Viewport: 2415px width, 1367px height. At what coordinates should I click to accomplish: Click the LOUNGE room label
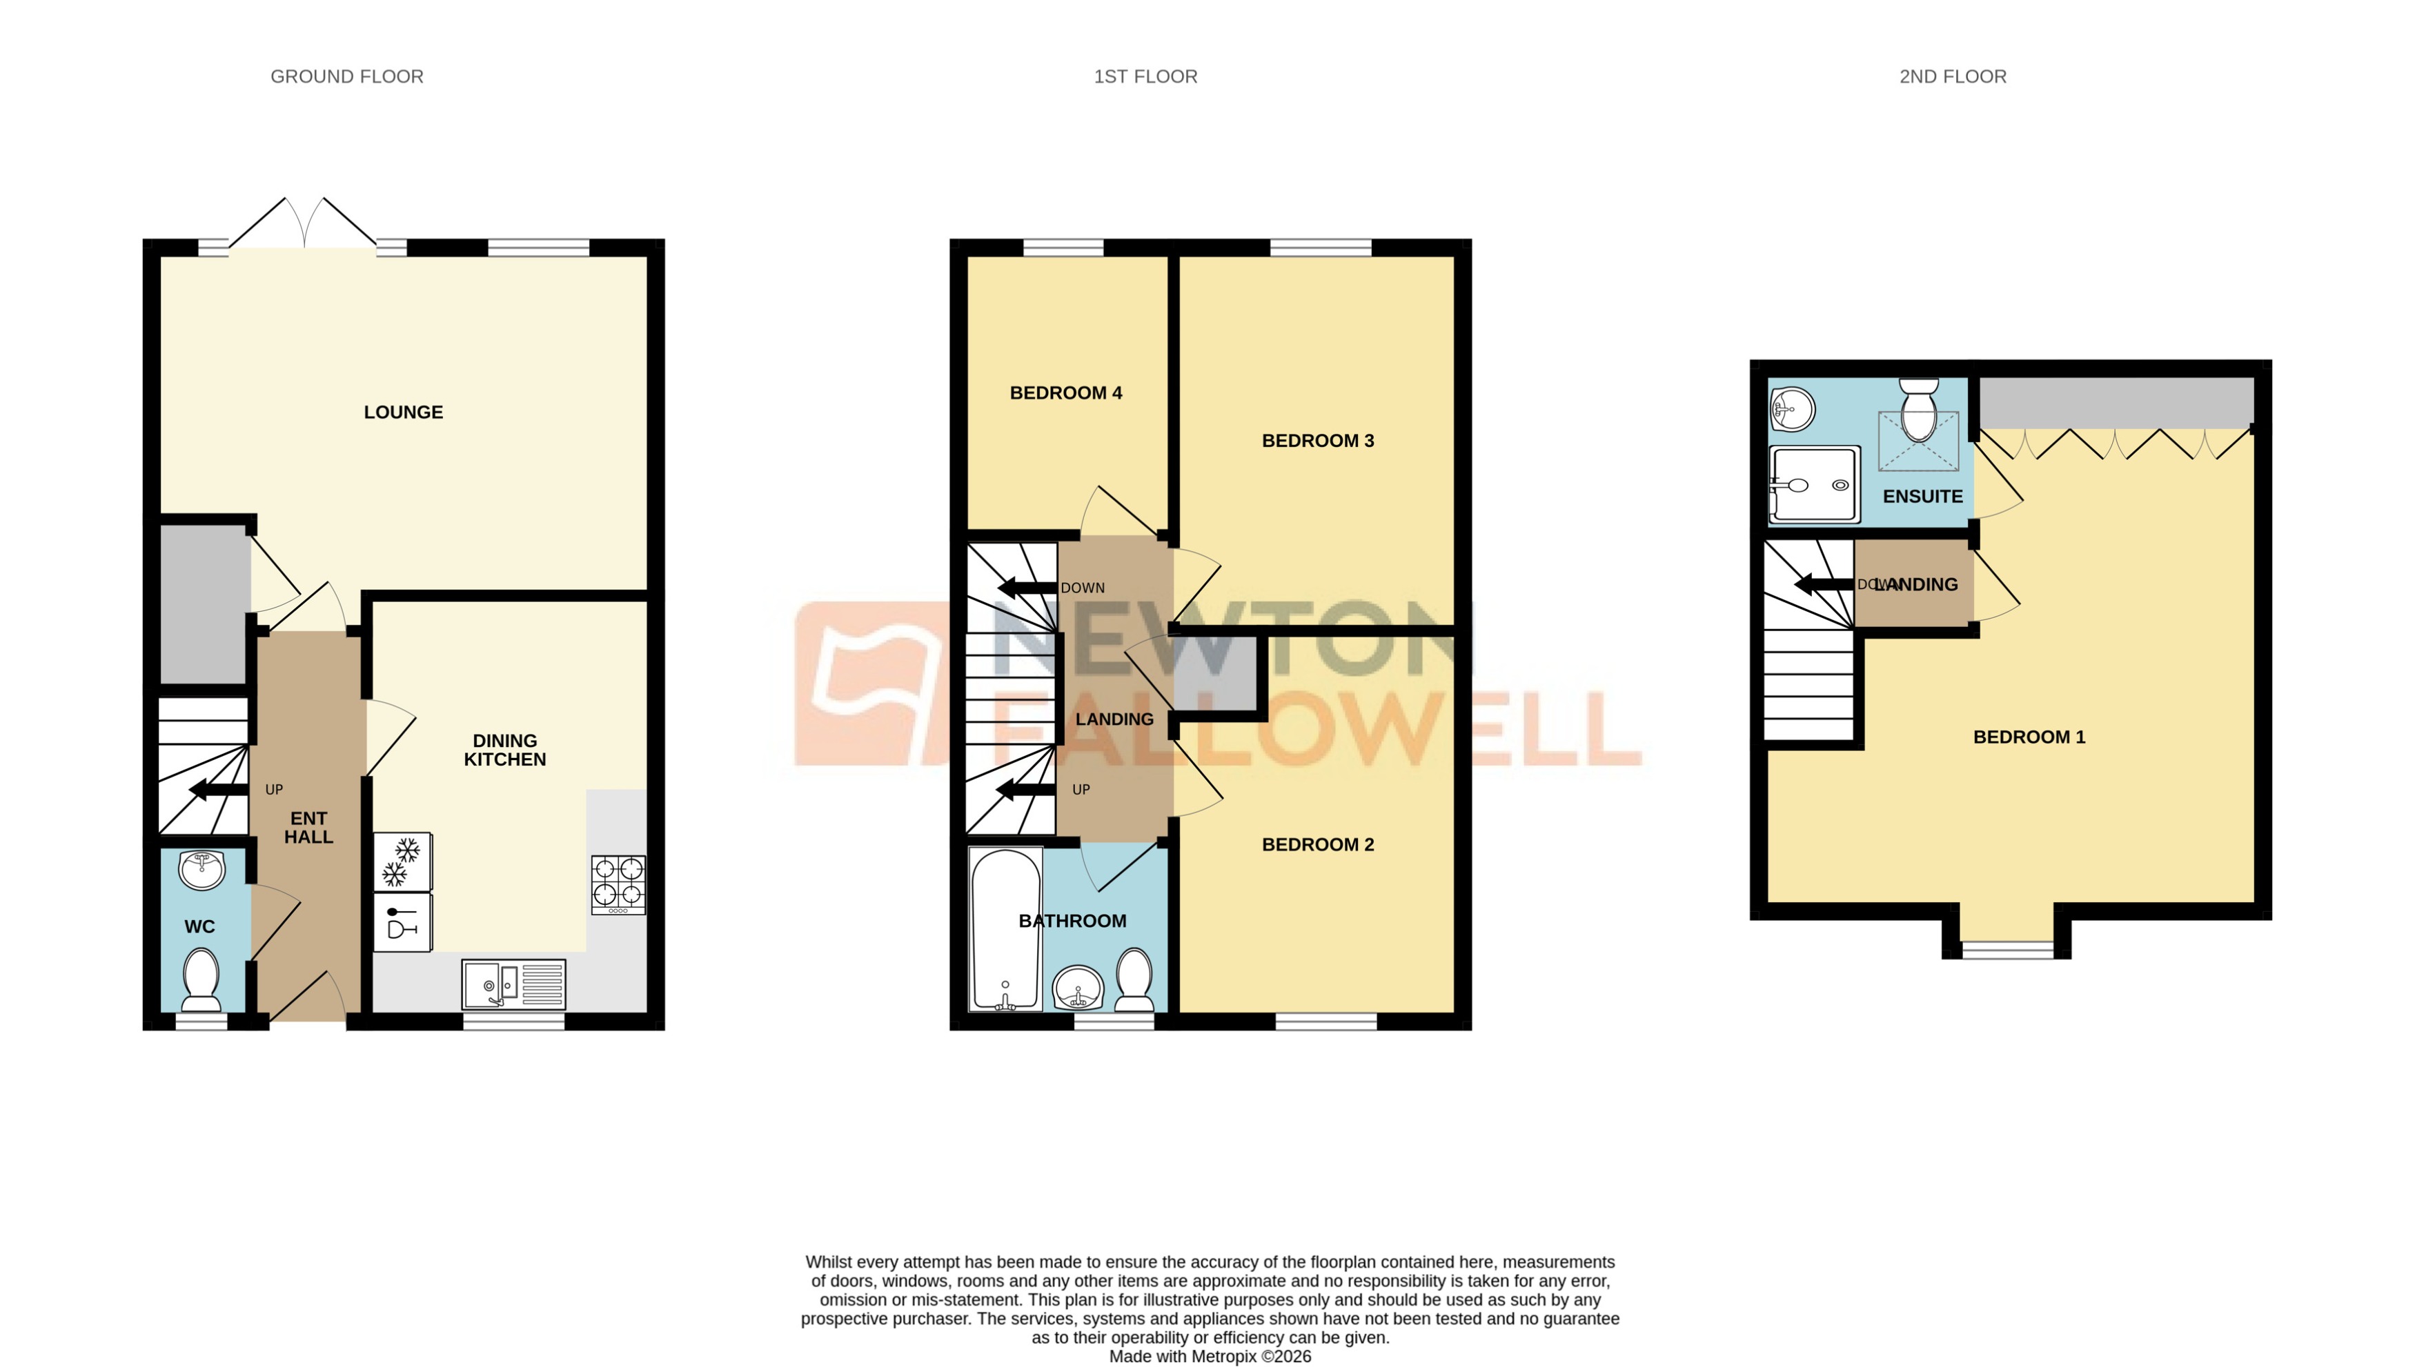(x=403, y=412)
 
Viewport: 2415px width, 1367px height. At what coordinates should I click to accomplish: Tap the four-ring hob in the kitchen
(x=618, y=884)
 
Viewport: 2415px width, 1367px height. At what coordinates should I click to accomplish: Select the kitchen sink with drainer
(x=513, y=984)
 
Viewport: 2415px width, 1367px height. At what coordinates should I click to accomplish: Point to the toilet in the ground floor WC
(x=200, y=977)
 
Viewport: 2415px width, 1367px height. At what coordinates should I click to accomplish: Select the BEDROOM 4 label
(x=1066, y=393)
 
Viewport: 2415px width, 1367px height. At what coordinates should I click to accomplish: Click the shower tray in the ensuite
(x=1813, y=484)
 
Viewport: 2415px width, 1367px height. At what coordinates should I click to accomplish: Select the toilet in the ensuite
(x=1918, y=411)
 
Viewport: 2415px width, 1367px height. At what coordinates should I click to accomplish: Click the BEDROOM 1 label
(x=2028, y=737)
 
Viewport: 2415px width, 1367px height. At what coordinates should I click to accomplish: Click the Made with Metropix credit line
(x=1210, y=1356)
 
